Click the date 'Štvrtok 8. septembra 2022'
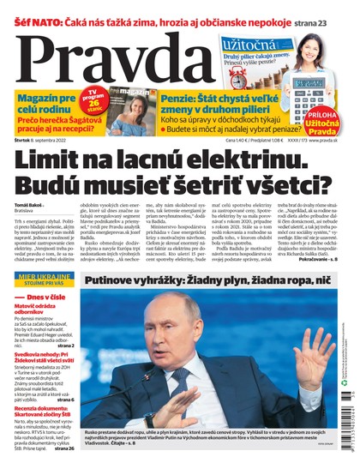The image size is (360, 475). click(x=39, y=139)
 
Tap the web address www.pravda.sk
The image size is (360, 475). click(x=330, y=139)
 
